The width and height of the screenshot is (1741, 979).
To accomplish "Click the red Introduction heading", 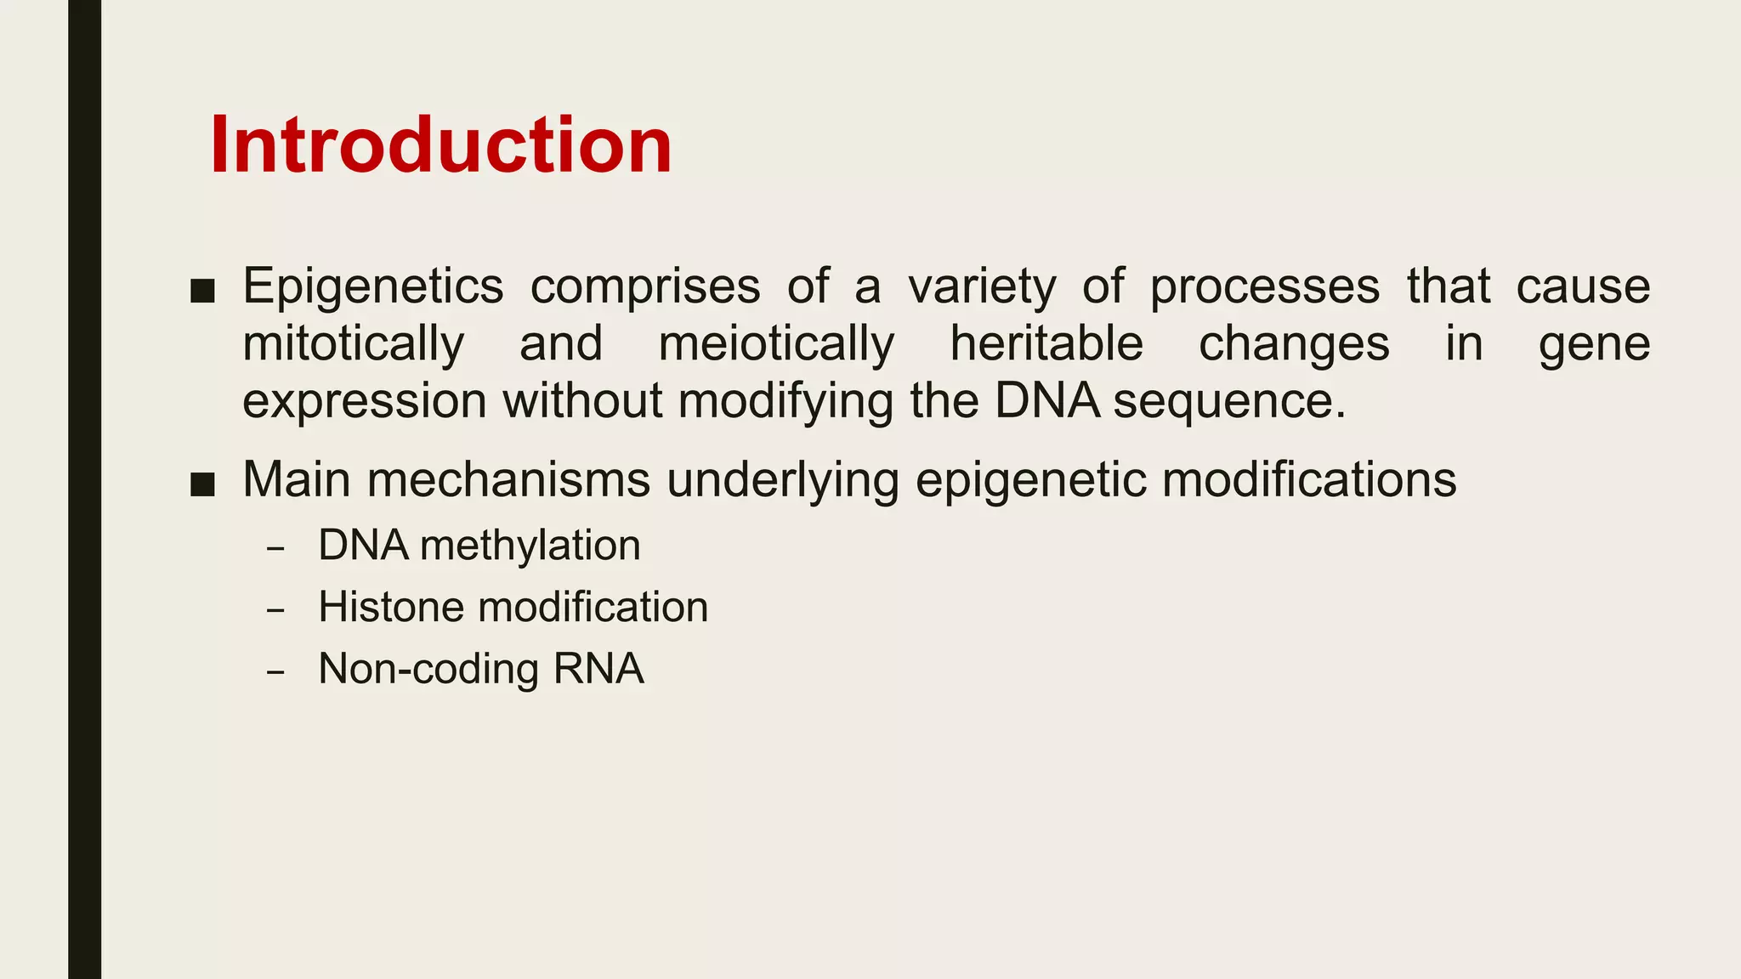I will click(440, 145).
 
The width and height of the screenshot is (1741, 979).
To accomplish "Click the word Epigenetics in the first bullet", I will click(372, 286).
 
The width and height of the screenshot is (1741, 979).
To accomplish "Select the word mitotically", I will click(353, 344).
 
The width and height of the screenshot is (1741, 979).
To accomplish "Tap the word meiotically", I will click(776, 344).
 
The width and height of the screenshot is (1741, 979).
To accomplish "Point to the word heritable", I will click(1046, 344).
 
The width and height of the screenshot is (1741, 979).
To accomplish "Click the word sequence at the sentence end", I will click(1228, 401).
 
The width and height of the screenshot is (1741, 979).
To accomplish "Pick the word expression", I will click(364, 401).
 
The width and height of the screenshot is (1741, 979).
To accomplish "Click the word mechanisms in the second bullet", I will click(508, 479).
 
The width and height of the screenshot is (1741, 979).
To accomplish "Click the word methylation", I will click(530, 546).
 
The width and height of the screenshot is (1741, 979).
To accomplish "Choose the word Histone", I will click(391, 608).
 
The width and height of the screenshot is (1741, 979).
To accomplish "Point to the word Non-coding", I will click(428, 669).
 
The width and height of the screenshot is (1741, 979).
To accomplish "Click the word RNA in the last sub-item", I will click(598, 669).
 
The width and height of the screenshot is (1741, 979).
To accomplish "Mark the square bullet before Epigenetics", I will click(202, 291).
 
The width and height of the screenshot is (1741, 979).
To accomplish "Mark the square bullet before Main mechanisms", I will click(202, 485).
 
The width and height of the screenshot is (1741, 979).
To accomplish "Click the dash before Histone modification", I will click(274, 610).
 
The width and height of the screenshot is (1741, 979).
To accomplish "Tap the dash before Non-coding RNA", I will click(274, 672).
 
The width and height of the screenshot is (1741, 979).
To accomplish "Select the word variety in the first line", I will click(982, 286).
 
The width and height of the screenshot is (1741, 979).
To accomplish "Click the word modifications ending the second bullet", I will click(1309, 479).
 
